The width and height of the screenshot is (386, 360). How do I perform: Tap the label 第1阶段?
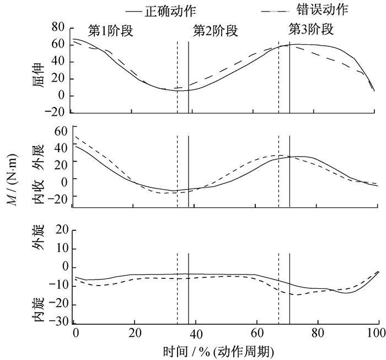[110, 31]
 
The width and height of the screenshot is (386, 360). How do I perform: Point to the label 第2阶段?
[215, 31]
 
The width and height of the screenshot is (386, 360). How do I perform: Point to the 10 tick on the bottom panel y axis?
[61, 249]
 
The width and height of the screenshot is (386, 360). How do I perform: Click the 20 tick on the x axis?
[134, 334]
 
